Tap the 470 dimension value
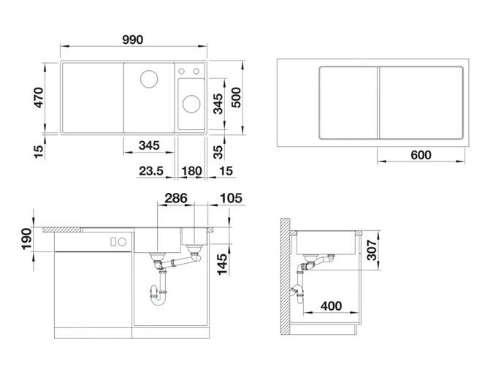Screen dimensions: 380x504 click(x=40, y=99)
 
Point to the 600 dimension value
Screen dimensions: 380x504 click(x=421, y=155)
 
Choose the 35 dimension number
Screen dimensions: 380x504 click(x=218, y=152)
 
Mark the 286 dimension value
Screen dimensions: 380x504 click(x=175, y=198)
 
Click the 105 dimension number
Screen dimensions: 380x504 click(x=229, y=198)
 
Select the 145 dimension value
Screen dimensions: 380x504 click(x=221, y=262)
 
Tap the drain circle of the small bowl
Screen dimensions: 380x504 click(x=190, y=102)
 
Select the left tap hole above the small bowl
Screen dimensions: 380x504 click(x=183, y=72)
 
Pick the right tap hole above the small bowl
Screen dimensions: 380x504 click(x=196, y=72)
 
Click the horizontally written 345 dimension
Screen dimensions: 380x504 click(x=148, y=145)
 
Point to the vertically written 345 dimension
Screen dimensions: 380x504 click(x=218, y=103)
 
